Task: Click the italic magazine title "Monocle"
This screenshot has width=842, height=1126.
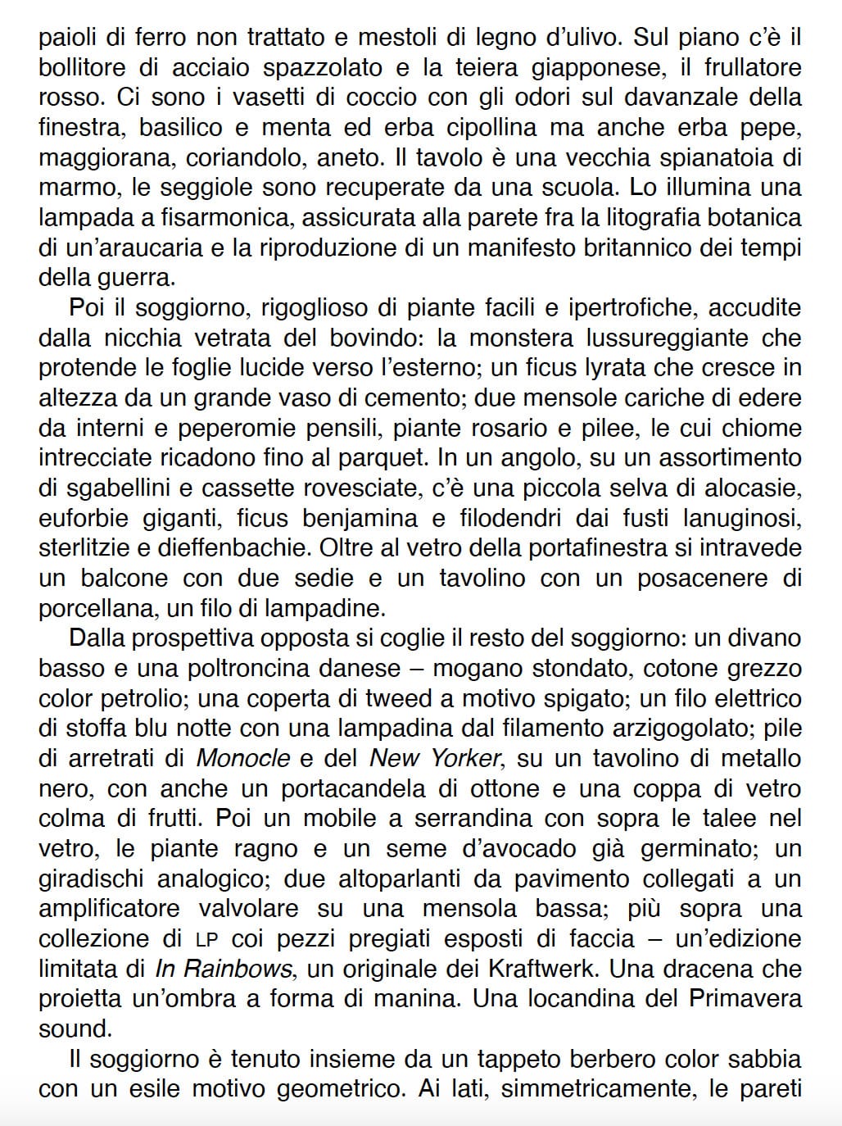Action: tap(243, 758)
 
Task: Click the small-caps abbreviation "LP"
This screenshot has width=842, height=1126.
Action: tap(206, 939)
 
